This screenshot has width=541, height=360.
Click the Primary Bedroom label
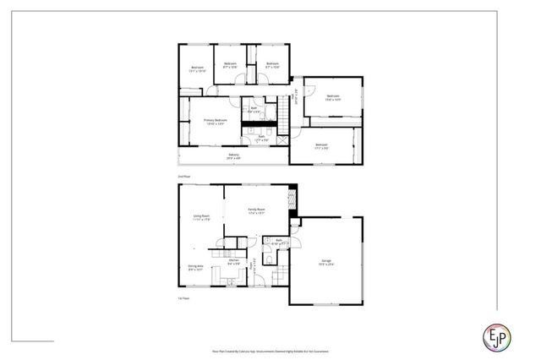pyautogui.click(x=216, y=122)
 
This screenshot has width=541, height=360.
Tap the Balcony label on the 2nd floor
pyautogui.click(x=233, y=155)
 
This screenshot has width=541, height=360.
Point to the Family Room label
pyautogui.click(x=256, y=210)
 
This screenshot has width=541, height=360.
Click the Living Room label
pyautogui.click(x=201, y=218)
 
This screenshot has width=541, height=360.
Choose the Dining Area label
pyautogui.click(x=195, y=268)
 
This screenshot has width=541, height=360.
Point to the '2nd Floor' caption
pyautogui.click(x=184, y=176)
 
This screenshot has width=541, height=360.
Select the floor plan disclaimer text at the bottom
pyautogui.click(x=270, y=348)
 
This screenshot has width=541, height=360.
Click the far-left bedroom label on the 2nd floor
pyautogui.click(x=197, y=70)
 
